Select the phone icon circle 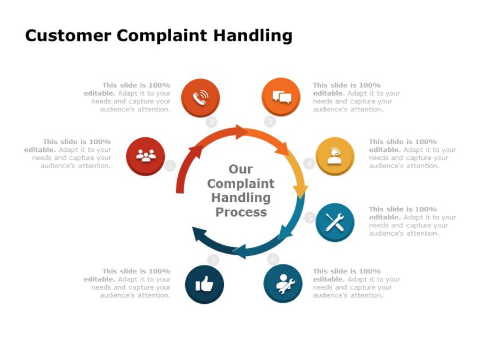tap(200, 97)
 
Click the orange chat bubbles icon tap(281, 97)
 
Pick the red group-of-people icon tap(146, 156)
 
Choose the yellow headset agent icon tap(335, 156)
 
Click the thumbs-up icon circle tap(204, 284)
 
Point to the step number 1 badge tap(171, 166)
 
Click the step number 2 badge tap(212, 122)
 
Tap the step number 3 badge tap(270, 121)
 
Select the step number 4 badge tap(309, 164)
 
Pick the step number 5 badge tap(309, 217)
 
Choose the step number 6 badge tap(273, 259)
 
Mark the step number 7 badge tap(213, 260)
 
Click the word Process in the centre tap(241, 212)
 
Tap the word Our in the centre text tap(241, 169)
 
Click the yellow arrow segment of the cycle tap(298, 174)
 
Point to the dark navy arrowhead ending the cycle tap(198, 233)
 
